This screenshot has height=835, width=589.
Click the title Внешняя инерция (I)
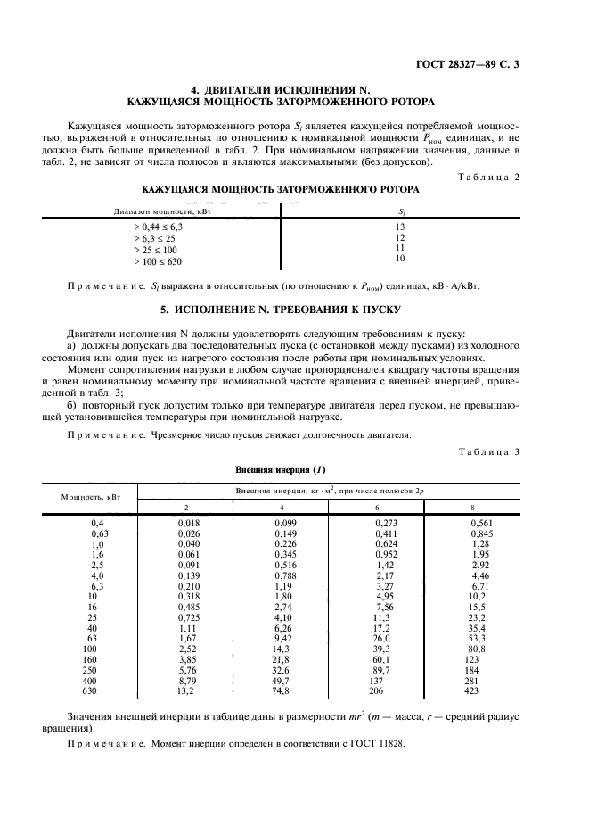pyautogui.click(x=281, y=468)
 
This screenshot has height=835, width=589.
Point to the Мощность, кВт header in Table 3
pyautogui.click(x=86, y=497)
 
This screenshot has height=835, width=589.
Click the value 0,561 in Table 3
pyautogui.click(x=481, y=524)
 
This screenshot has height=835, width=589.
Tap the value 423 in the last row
pyautogui.click(x=471, y=690)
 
